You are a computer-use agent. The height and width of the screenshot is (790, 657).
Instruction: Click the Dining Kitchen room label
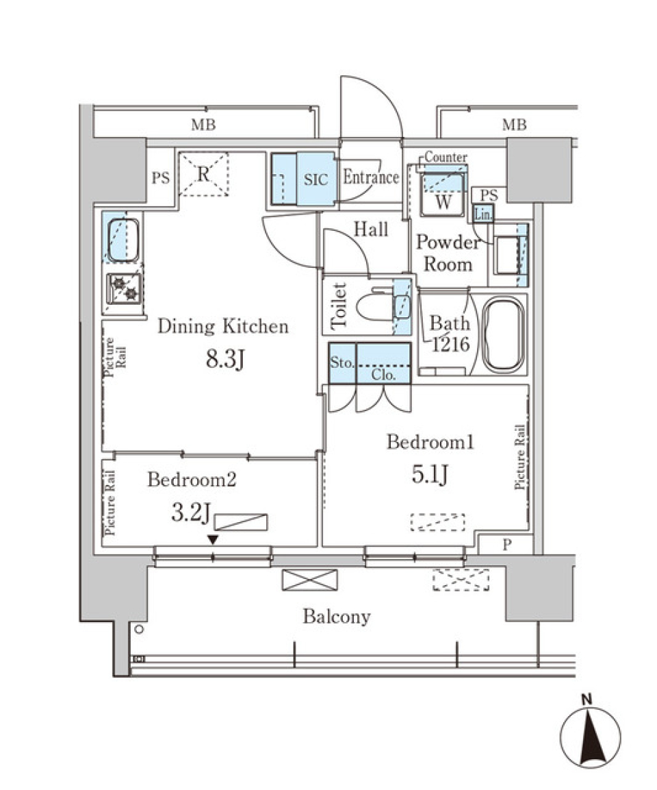pos(223,327)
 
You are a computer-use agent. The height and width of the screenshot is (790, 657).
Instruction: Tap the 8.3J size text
pos(225,359)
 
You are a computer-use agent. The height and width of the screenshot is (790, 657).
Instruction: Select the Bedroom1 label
pos(430,443)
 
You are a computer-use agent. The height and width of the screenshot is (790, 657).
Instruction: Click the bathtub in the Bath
pos(504,335)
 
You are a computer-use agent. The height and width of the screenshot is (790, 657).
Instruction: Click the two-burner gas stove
pos(123,288)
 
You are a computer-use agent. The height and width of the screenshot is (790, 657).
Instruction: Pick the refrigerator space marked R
pos(203,174)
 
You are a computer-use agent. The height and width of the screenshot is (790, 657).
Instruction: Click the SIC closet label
pos(315,179)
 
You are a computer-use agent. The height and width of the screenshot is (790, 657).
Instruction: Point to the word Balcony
pos(337,617)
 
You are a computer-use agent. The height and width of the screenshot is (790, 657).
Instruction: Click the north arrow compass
pos(590,737)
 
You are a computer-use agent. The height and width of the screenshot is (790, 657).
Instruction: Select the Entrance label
pos(370,178)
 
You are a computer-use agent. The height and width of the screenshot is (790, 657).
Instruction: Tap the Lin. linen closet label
pos(482,214)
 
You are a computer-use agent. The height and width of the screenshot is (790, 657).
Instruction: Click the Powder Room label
pos(448,253)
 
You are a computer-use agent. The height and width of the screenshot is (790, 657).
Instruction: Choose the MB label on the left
pos(203,125)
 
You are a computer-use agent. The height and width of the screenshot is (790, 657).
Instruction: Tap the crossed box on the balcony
pos(309,580)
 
